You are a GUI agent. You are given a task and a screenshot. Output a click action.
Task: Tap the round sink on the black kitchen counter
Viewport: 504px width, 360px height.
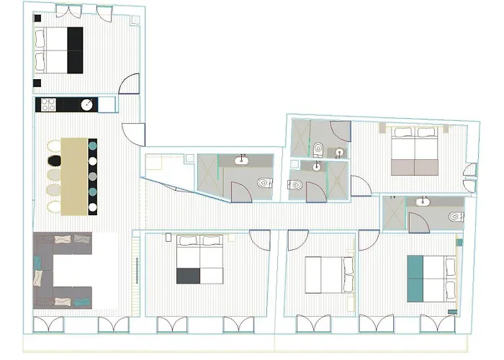tap(87, 104)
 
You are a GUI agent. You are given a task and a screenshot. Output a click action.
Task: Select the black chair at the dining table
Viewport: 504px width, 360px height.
tap(53, 146)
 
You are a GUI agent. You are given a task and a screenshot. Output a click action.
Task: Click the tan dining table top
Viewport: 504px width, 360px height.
tap(74, 176)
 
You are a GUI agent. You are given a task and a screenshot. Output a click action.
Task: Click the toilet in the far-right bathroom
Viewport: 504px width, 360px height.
tap(454, 217)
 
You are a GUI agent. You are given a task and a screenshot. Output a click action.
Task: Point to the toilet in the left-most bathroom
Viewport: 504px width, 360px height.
tap(263, 182)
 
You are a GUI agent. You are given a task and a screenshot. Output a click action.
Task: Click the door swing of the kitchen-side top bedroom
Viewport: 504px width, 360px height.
tap(130, 85)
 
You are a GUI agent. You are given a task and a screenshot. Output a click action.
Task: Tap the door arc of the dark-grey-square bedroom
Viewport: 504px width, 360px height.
tap(259, 239)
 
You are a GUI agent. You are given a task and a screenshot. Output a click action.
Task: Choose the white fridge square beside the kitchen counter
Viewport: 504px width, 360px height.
tap(106, 104)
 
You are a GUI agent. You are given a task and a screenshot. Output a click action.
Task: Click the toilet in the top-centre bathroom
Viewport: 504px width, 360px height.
tap(318, 149)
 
